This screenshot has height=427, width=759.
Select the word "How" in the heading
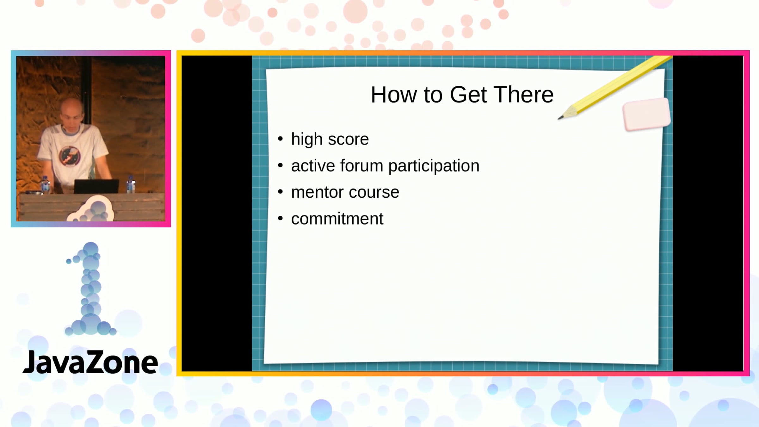point(394,95)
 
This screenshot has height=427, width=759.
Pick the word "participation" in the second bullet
point(434,166)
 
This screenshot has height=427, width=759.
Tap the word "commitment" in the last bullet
point(337,219)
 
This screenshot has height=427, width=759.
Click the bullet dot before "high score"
point(280,139)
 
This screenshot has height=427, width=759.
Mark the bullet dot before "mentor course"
point(280,192)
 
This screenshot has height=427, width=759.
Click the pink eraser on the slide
point(647,114)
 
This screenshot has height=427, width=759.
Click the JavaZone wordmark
point(90,362)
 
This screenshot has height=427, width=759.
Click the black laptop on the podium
point(96,186)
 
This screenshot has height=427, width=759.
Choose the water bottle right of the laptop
point(131,185)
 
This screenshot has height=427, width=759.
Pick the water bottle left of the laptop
point(46,185)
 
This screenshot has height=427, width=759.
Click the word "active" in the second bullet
point(313,165)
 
